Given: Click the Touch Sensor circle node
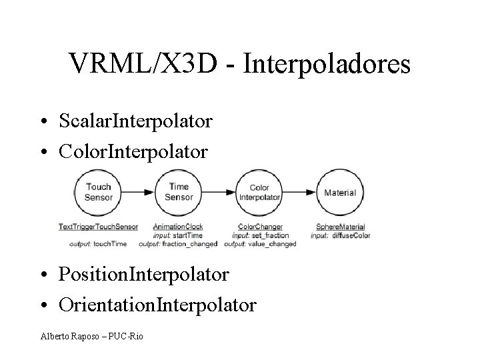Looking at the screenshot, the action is (99, 193).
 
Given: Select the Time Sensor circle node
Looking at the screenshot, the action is (179, 193).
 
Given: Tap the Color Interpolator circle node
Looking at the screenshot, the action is (259, 193).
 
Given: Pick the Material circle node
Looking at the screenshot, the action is (339, 193).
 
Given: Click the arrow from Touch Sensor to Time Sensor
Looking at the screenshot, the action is (139, 193).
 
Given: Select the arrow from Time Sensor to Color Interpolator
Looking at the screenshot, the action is (219, 193).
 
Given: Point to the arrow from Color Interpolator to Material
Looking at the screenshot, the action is (299, 193).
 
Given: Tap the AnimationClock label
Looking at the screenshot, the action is (178, 227).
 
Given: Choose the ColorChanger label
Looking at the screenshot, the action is (260, 227).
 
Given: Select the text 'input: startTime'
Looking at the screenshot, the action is (177, 235).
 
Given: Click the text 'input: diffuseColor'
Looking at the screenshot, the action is (341, 235).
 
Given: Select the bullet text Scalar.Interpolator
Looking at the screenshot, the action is (135, 121).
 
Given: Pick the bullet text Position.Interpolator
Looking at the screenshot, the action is (143, 274).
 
